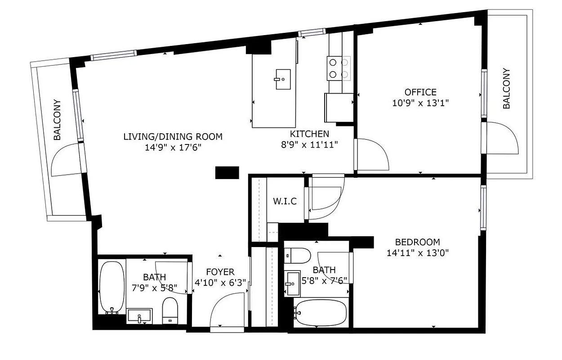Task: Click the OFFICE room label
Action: pos(420,92)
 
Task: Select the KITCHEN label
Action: pos(309,134)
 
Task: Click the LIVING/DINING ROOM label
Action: pos(173,136)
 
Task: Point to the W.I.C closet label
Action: pos(285,201)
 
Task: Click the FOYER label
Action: pos(220,272)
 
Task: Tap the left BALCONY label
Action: pos(58,120)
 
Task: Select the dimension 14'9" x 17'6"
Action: pos(173,148)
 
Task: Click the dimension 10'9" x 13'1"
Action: pos(420,103)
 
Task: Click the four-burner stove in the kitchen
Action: pos(339,68)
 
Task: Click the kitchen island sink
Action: pos(283,80)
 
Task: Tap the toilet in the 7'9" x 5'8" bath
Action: pos(170,310)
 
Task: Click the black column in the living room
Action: pos(227,173)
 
